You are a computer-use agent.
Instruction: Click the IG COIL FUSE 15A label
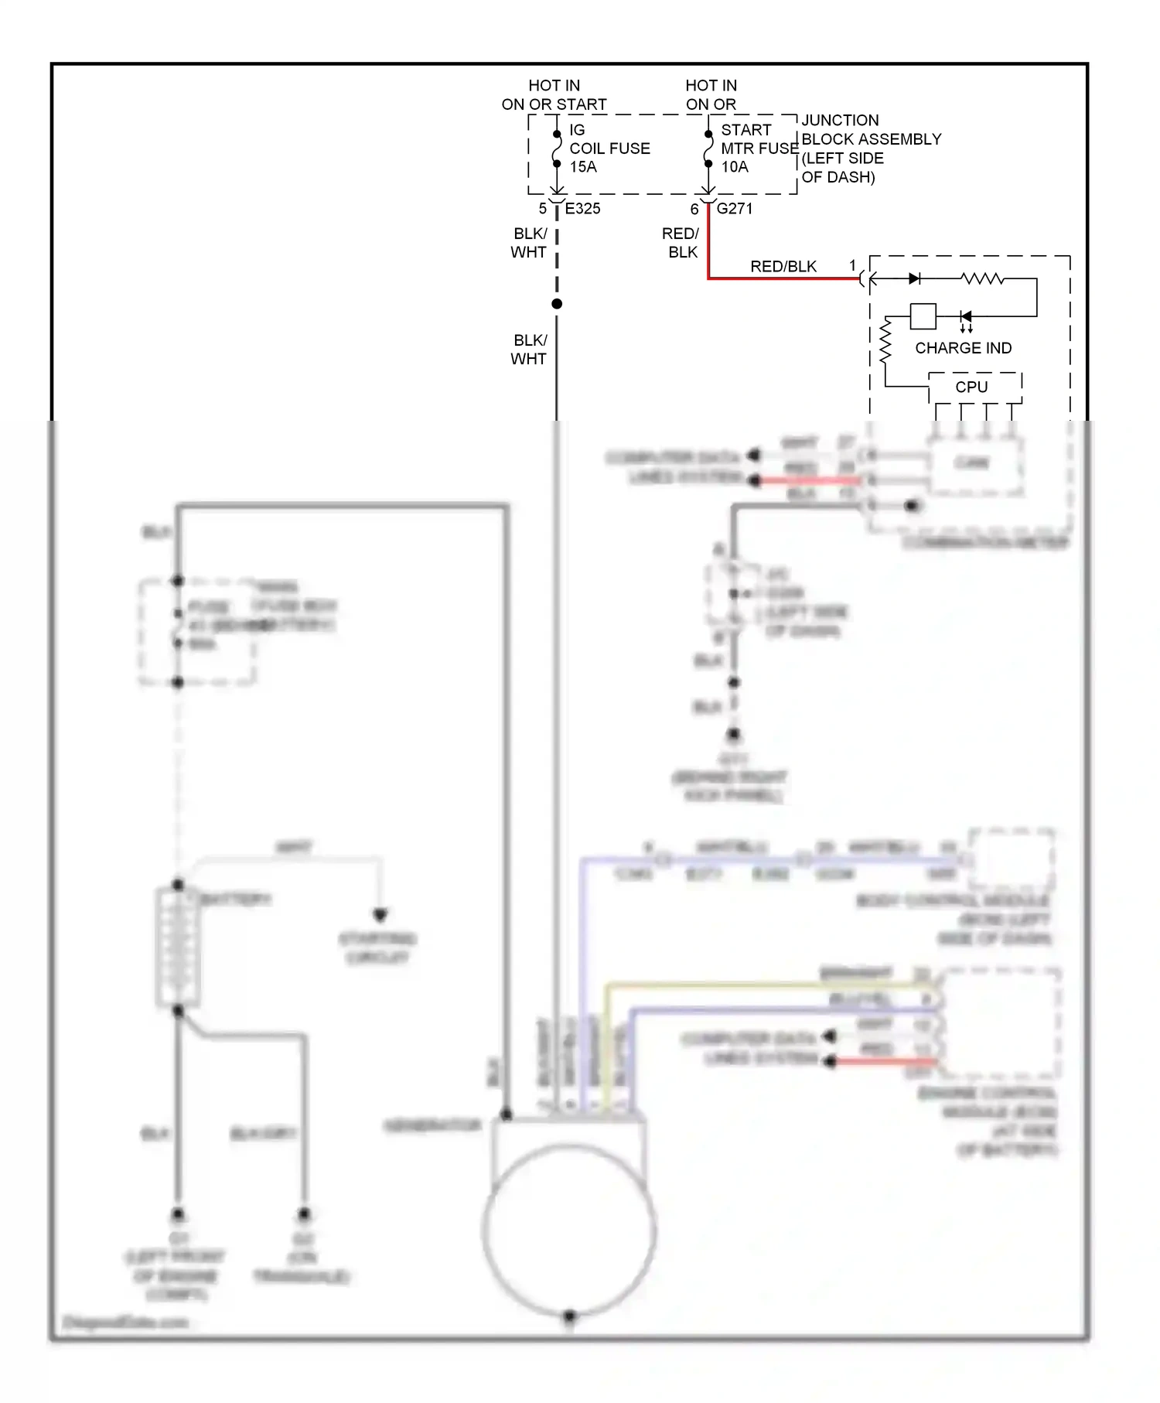(609, 148)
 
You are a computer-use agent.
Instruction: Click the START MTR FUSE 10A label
(758, 148)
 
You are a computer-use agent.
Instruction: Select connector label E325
(582, 209)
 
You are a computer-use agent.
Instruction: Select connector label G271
(734, 209)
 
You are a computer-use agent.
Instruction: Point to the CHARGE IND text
(963, 348)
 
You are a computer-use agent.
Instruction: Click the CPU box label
(971, 387)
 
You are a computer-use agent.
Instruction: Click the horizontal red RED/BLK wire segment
(781, 278)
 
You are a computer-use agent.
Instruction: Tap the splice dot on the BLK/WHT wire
(557, 304)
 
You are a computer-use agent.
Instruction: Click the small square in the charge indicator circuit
(923, 316)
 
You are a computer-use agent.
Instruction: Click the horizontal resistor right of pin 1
(982, 278)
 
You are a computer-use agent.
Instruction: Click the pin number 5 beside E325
(543, 209)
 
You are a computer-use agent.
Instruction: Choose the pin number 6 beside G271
(694, 209)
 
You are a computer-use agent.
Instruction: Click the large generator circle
(569, 1230)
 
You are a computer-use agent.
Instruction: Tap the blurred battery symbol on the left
(178, 947)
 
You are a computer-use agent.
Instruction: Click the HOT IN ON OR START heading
(554, 94)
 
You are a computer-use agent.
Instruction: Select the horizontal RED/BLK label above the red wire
(783, 266)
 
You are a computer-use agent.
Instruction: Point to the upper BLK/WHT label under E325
(529, 243)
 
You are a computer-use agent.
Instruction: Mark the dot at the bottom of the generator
(569, 1316)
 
